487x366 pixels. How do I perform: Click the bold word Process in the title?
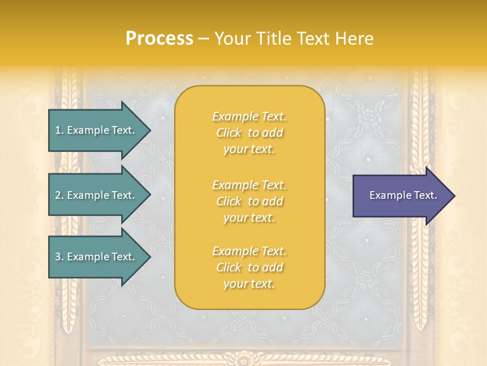[159, 39]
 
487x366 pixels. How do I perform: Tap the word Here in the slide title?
[355, 39]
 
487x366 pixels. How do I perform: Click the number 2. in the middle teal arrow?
[59, 195]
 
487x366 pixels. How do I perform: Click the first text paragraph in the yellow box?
[249, 133]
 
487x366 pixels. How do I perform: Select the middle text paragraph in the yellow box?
[249, 201]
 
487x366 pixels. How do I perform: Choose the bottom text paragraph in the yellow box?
[249, 267]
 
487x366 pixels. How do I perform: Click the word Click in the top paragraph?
[229, 133]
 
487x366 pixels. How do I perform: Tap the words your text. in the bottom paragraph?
[249, 284]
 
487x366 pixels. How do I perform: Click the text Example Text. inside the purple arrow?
[403, 195]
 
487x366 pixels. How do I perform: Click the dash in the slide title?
[204, 39]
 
